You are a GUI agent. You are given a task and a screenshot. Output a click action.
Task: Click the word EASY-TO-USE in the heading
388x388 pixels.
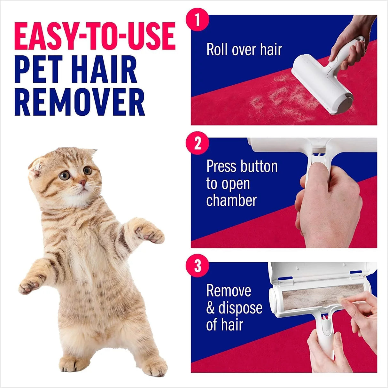[x=95, y=36]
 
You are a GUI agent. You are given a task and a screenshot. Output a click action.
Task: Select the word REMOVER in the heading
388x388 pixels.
[x=80, y=102]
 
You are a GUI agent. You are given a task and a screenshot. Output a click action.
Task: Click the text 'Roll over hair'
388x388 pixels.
[x=244, y=50]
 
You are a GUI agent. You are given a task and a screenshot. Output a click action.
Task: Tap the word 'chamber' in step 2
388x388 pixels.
[x=231, y=200]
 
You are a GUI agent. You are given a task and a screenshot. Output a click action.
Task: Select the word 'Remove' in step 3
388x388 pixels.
[x=229, y=291]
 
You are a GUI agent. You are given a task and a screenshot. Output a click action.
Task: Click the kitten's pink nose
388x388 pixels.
[x=82, y=183]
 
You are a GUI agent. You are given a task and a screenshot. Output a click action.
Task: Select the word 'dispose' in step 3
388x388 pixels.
[x=240, y=308]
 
